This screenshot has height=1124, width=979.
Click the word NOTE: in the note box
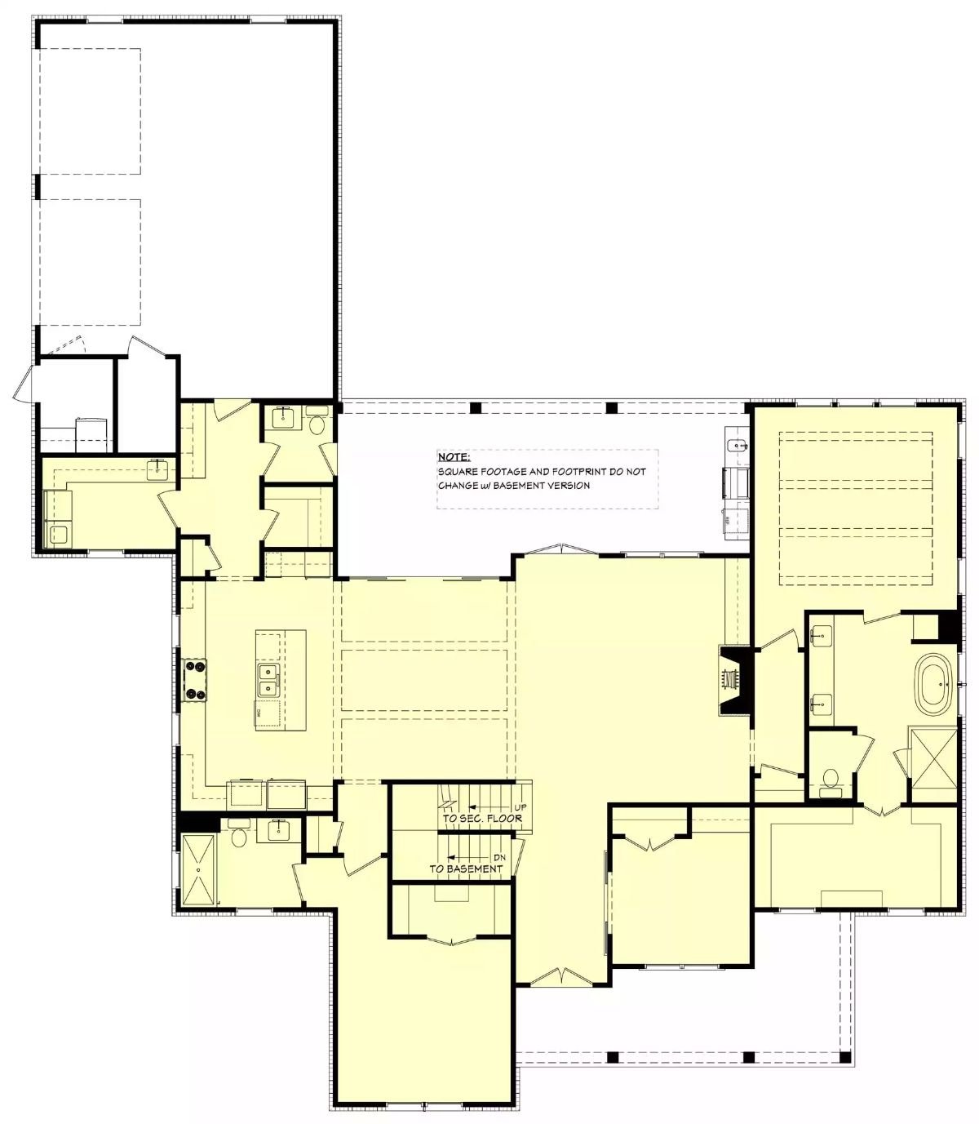(454, 458)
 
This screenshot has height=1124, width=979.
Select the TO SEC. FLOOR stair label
(481, 819)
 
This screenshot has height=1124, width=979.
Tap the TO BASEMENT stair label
(466, 869)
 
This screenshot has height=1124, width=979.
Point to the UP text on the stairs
(521, 807)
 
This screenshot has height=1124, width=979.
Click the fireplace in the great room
(732, 680)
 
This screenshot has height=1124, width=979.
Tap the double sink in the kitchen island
(268, 681)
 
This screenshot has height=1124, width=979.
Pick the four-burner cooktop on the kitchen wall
(194, 680)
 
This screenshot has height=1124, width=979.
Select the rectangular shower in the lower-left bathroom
(199, 870)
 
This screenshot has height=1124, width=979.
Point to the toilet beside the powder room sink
(317, 424)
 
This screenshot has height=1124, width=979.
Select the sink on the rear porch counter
(736, 446)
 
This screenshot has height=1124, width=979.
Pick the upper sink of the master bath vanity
(821, 633)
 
